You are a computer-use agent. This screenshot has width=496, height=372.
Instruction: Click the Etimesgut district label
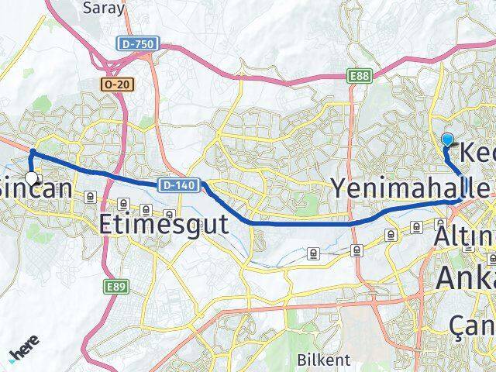tap(164, 225)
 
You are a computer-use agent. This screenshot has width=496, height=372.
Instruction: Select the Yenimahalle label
tap(410, 187)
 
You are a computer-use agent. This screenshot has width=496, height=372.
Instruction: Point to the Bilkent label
tap(323, 360)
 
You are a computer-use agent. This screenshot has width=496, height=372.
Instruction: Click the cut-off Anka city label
tap(466, 276)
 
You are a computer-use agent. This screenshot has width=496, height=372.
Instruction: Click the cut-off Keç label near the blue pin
tap(474, 152)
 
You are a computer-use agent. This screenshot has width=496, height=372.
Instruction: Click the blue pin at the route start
tap(447, 139)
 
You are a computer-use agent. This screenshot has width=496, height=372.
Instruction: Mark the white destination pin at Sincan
tap(31, 178)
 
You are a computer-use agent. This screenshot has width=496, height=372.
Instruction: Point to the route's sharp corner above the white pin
tap(31, 151)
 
